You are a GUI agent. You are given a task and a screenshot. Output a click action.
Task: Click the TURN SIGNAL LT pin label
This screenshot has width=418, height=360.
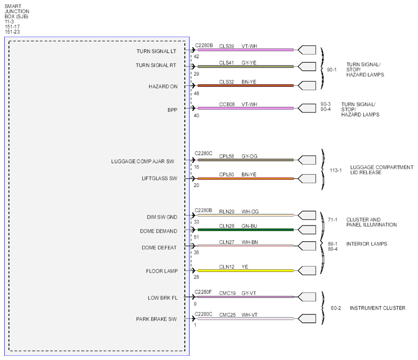[x=156, y=51]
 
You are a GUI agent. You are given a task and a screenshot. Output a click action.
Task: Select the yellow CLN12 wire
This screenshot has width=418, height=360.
[x=245, y=271]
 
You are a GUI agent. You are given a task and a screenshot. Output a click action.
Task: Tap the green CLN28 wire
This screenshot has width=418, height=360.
[x=245, y=230]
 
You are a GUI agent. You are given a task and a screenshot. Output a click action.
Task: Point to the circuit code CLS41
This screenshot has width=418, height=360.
[x=226, y=63]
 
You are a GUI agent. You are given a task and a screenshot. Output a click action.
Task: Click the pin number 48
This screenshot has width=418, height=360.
[x=197, y=93]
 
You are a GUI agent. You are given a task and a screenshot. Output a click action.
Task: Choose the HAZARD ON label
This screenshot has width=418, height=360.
[x=163, y=86]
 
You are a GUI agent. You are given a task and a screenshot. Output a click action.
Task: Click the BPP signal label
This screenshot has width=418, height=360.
[x=172, y=110]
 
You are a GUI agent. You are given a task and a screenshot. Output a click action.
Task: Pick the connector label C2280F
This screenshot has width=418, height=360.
[x=203, y=292]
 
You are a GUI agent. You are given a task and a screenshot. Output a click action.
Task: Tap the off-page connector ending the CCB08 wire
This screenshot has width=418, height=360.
[x=307, y=108]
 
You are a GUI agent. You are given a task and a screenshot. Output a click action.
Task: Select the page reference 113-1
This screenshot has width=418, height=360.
[x=335, y=170]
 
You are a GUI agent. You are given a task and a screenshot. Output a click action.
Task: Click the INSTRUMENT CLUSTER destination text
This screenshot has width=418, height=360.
[x=378, y=308]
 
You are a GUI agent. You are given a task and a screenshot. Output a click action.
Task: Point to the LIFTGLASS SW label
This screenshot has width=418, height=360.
[x=159, y=178]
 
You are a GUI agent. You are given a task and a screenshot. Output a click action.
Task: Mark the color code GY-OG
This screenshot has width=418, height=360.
[x=249, y=156]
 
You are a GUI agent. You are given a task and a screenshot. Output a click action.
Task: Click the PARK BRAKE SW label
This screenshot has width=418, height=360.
[x=156, y=319]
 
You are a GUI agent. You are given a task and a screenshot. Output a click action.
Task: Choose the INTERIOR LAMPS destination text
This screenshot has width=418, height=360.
[x=366, y=244]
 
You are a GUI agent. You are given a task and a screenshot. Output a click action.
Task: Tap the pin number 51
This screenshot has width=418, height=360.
[x=197, y=237]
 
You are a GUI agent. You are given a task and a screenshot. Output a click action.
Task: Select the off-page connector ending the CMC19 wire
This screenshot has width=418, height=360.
[x=307, y=297]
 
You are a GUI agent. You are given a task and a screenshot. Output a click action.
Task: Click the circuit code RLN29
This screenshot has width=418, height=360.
[x=227, y=212]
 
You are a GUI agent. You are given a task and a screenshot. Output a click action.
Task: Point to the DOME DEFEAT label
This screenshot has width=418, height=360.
[x=159, y=247]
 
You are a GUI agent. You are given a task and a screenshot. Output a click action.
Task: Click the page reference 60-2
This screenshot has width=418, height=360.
[x=336, y=308]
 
